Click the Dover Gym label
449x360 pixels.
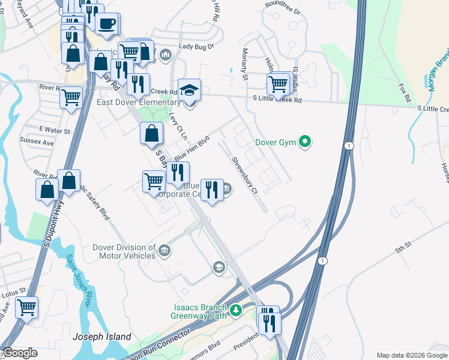click(x=277, y=142)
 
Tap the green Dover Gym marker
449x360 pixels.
click(x=306, y=142)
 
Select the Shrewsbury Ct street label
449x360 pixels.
click(x=245, y=175)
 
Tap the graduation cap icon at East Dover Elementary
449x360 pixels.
click(x=190, y=91)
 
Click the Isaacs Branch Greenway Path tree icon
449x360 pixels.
click(x=237, y=310)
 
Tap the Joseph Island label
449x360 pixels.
click(x=101, y=337)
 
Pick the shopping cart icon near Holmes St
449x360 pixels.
click(x=277, y=84)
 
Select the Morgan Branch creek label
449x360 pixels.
click(x=438, y=70)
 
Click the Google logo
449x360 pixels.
click(x=19, y=353)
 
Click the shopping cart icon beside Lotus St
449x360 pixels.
click(x=26, y=308)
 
